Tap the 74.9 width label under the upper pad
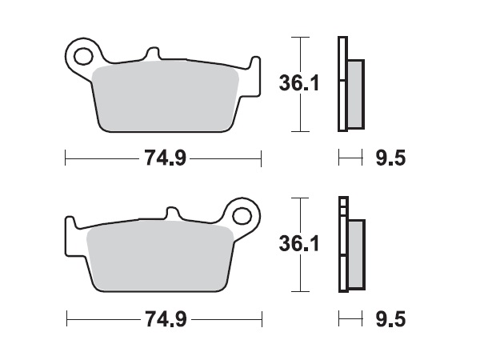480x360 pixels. pyautogui.click(x=165, y=158)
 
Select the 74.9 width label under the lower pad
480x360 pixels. pyautogui.click(x=165, y=320)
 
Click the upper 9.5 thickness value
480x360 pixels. pyautogui.click(x=390, y=158)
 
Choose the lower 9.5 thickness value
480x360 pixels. pyautogui.click(x=390, y=320)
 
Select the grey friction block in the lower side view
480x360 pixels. pyautogui.click(x=356, y=254)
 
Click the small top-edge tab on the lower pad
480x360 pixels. pyautogui.click(x=172, y=213)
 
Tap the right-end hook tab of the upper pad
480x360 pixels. pyautogui.click(x=255, y=65)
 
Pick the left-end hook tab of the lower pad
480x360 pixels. pyautogui.click(x=70, y=223)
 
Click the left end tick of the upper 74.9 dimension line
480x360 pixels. pyautogui.click(x=65, y=158)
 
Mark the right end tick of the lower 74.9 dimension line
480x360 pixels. pyautogui.click(x=262, y=320)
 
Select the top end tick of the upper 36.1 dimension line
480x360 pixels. pyautogui.click(x=298, y=37)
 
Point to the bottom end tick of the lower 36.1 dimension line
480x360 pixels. pyautogui.click(x=298, y=291)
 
